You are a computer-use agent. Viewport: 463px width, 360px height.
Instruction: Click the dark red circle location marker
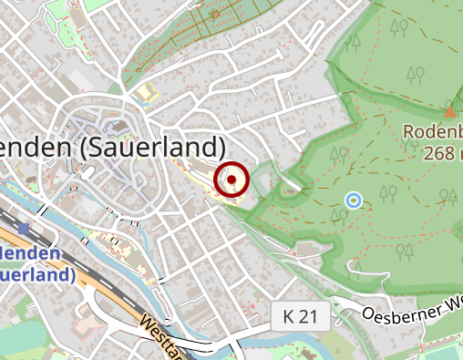click(x=231, y=180)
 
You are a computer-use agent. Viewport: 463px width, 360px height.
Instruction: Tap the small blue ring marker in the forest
click(x=354, y=200)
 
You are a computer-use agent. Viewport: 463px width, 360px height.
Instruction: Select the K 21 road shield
click(x=301, y=317)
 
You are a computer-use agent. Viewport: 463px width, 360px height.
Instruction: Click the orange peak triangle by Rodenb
click(x=449, y=113)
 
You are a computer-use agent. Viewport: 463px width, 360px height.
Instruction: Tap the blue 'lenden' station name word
click(x=32, y=252)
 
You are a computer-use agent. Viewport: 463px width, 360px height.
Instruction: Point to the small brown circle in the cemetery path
click(x=214, y=15)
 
